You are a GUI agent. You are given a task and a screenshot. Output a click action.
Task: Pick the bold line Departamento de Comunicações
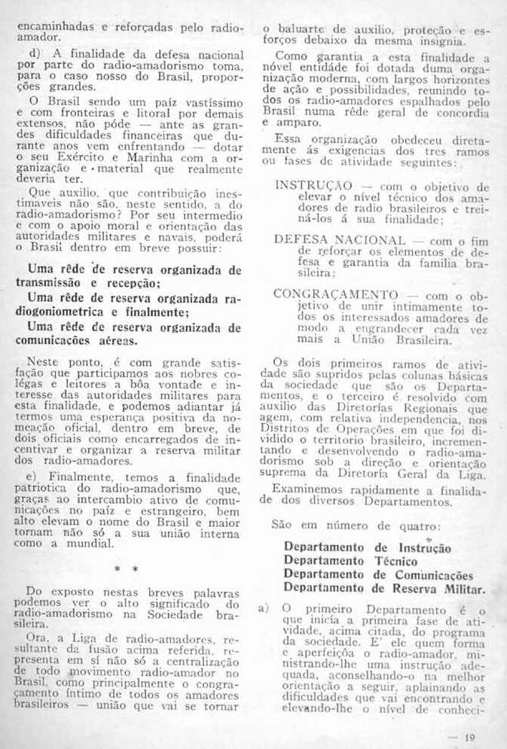378,574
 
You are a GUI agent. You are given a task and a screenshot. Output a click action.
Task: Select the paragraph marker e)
33,478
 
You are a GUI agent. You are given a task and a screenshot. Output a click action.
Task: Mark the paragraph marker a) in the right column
263,609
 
